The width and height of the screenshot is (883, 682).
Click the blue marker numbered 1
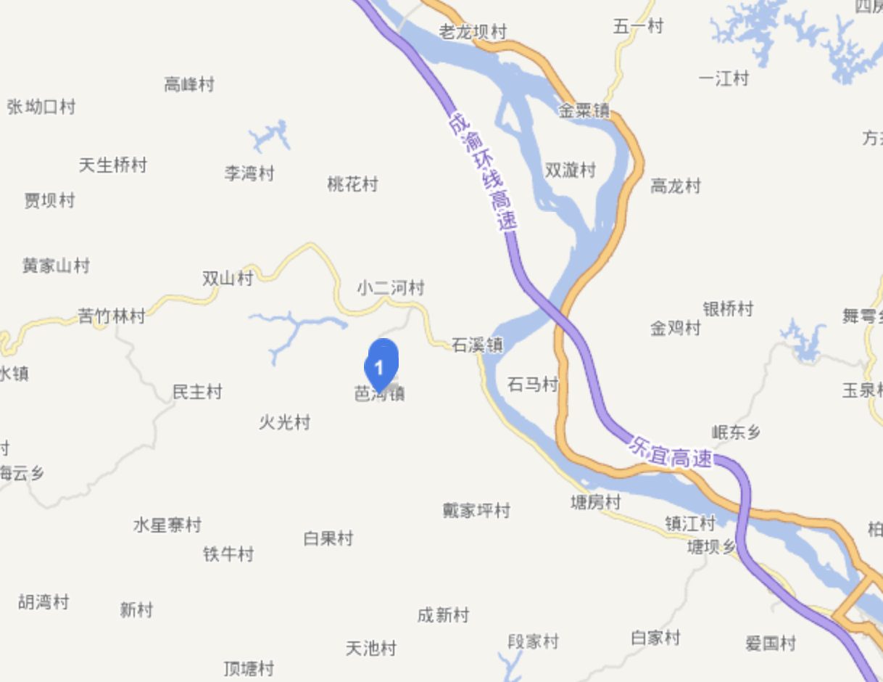(381, 363)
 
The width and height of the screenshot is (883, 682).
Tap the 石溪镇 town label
(477, 345)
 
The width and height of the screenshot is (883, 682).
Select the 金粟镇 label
(584, 111)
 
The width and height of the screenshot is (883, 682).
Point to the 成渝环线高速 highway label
(483, 171)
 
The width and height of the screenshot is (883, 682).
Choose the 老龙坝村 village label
(473, 32)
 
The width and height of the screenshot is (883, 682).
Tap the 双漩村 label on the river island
(570, 170)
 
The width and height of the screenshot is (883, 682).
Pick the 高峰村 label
(189, 85)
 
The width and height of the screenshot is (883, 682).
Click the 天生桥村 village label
(113, 165)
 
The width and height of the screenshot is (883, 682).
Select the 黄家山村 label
(56, 266)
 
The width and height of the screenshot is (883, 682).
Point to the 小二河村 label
(390, 288)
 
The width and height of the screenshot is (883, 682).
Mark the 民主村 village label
(197, 393)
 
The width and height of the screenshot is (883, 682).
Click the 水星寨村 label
(167, 525)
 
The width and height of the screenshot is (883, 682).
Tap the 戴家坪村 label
(476, 511)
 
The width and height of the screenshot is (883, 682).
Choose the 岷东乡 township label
(736, 433)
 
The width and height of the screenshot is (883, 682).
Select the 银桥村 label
(728, 309)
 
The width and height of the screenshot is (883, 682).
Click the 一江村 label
(724, 78)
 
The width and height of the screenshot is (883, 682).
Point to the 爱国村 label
(771, 643)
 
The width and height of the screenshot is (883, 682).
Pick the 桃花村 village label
(352, 184)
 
